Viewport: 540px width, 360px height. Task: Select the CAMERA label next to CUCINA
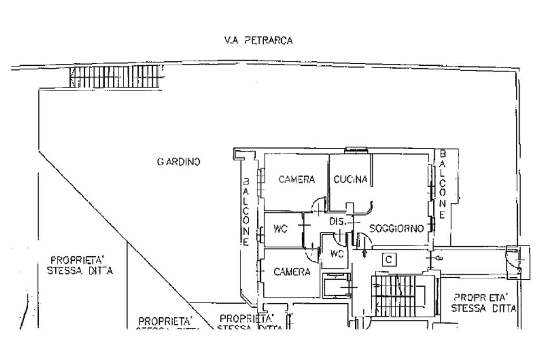pyautogui.click(x=296, y=179)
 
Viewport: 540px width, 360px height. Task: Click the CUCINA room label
pyautogui.click(x=350, y=179)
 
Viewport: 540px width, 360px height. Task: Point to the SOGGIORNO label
pyautogui.click(x=397, y=228)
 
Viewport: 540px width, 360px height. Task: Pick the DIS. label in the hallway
pyautogui.click(x=337, y=222)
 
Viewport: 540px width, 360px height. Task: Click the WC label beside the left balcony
pyautogui.click(x=279, y=229)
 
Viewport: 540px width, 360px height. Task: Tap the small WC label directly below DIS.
pyautogui.click(x=336, y=253)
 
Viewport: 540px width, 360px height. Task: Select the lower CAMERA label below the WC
pyautogui.click(x=291, y=272)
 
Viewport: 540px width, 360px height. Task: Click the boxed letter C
pyautogui.click(x=388, y=259)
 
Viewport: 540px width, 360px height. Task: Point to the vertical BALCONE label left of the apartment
pyautogui.click(x=246, y=211)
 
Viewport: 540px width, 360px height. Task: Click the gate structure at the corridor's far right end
pyautogui.click(x=516, y=262)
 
